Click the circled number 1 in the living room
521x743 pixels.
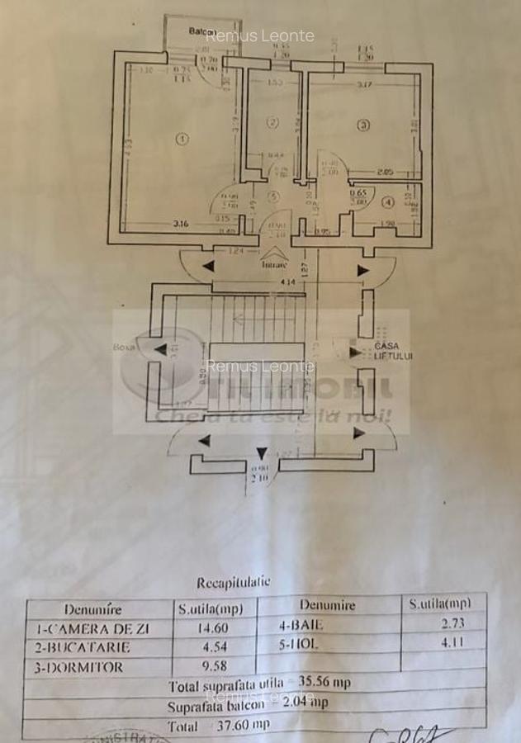(x=182, y=140)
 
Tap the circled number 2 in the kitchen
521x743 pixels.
(x=272, y=122)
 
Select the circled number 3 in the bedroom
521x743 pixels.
(x=362, y=125)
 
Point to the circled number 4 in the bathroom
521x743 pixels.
(x=387, y=201)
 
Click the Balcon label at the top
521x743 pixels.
(x=199, y=31)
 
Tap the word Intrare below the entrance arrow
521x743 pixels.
(x=274, y=266)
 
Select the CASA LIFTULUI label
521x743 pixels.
(x=393, y=351)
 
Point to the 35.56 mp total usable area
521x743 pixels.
(x=321, y=684)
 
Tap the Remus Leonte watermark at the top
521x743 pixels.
(x=259, y=35)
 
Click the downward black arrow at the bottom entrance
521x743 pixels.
(x=262, y=452)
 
